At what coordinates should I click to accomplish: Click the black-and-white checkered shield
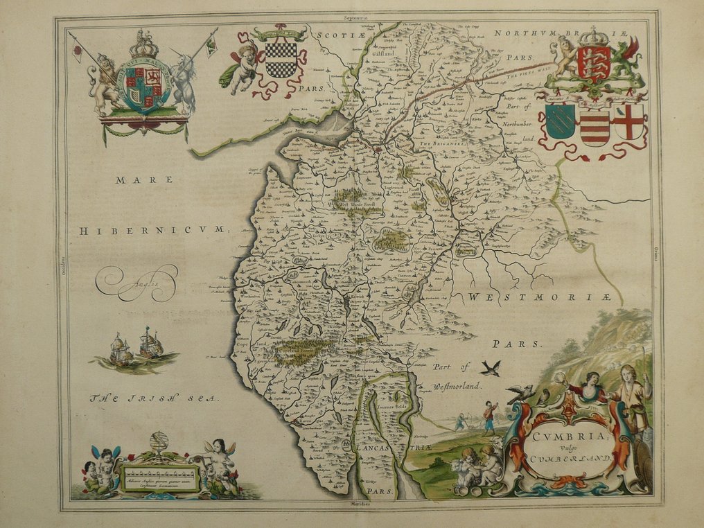coord(281,60)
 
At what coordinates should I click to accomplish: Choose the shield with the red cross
coord(629,121)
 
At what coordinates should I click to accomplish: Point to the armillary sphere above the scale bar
coord(159,444)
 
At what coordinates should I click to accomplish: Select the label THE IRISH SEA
coord(155,398)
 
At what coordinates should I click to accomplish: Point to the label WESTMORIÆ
coord(539,297)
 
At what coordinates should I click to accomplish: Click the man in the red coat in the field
coord(490,416)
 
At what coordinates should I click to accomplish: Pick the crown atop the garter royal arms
coord(144,45)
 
